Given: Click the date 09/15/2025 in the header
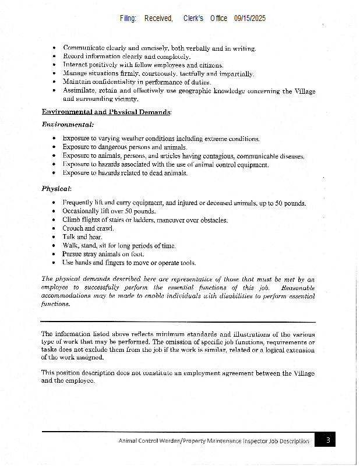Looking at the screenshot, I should (250, 19).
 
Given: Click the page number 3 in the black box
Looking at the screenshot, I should (328, 440).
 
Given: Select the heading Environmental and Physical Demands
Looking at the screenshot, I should (106, 111).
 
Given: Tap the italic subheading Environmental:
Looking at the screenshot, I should (68, 125).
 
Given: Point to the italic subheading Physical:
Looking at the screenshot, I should (57, 189).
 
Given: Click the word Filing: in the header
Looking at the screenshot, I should (128, 19).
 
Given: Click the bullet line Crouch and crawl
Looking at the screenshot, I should (88, 228).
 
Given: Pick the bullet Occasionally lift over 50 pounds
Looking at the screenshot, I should (109, 211).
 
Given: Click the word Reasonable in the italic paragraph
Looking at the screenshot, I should (297, 288).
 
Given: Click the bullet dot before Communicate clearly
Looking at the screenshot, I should (54, 48).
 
